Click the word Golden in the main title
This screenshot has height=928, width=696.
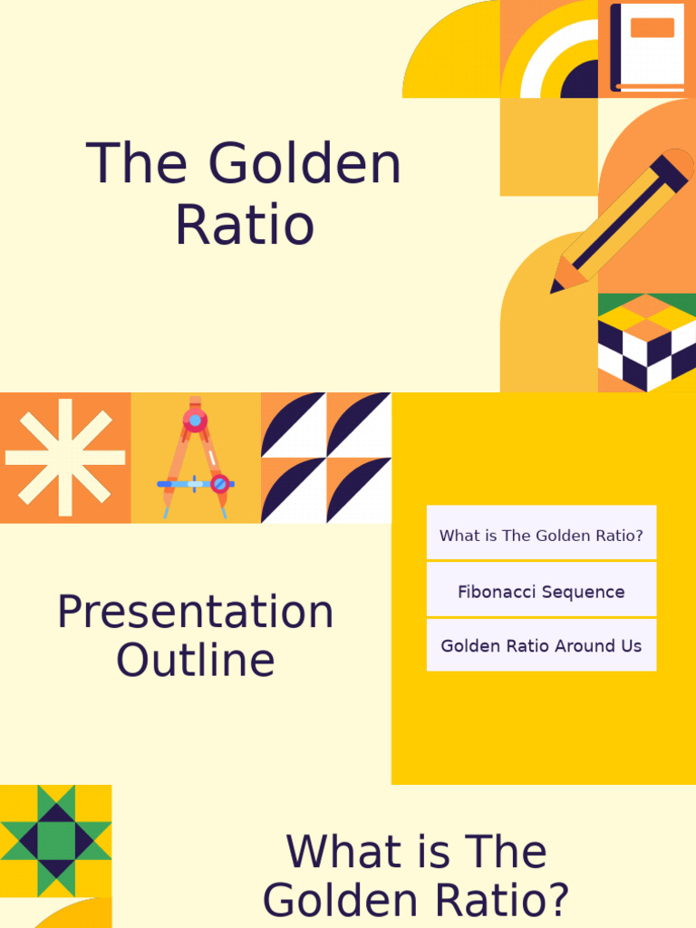[x=304, y=165]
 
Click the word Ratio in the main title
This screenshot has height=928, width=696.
[x=245, y=226]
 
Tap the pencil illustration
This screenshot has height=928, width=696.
[x=622, y=222]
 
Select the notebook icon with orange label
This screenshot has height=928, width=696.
[x=647, y=47]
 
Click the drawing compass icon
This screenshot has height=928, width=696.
[x=195, y=458]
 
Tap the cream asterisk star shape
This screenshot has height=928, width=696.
[x=65, y=458]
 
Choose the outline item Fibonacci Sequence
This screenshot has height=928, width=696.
[x=541, y=592]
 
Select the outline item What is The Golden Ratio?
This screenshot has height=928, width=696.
[x=541, y=536]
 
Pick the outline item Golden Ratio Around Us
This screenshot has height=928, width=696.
[x=541, y=646]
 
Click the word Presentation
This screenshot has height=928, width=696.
[x=195, y=613]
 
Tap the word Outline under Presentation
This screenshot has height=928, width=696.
[x=195, y=661]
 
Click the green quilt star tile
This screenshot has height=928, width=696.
[x=55, y=840]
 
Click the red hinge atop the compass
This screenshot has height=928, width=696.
[x=195, y=420]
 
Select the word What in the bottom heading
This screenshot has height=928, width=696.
[x=332, y=853]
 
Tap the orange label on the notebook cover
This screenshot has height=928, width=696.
[x=652, y=27]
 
